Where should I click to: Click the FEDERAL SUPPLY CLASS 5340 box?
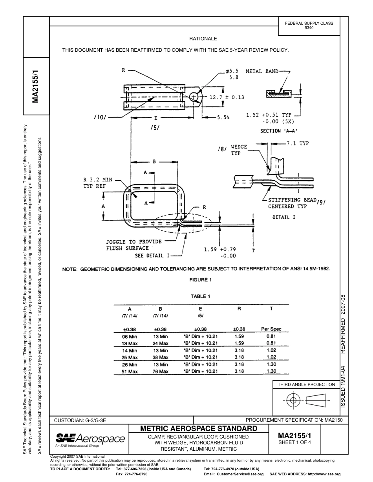(x=309, y=25)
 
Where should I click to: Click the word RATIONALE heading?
(x=203, y=39)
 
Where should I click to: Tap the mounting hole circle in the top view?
(x=194, y=96)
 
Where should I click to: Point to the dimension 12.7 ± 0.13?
(x=227, y=97)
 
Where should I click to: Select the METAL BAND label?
(x=262, y=71)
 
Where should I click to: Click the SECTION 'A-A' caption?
(x=279, y=131)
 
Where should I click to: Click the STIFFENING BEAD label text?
(x=292, y=200)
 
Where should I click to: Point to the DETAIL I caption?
(x=284, y=217)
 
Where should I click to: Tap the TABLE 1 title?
(x=200, y=296)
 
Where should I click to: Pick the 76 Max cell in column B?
(x=160, y=371)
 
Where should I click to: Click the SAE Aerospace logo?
(x=90, y=439)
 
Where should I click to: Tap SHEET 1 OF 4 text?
(x=294, y=443)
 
